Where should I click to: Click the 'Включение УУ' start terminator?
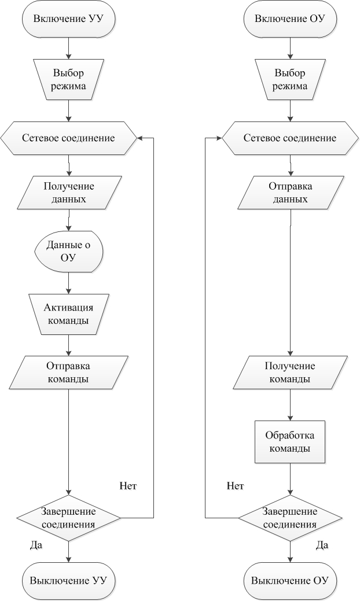click(69, 19)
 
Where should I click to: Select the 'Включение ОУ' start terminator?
click(290, 19)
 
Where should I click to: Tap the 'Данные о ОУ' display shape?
click(69, 252)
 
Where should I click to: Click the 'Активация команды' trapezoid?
click(69, 314)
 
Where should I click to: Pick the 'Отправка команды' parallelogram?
click(69, 373)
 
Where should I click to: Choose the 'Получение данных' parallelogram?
click(69, 193)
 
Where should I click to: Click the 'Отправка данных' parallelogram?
click(290, 193)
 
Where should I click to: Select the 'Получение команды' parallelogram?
click(290, 373)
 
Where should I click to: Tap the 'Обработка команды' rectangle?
click(290, 442)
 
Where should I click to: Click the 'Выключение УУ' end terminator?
click(69, 581)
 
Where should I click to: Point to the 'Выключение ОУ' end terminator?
click(290, 581)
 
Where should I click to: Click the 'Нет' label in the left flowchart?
click(128, 486)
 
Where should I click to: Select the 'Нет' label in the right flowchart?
click(236, 486)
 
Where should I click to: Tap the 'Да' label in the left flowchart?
click(36, 545)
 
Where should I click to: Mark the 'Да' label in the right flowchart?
click(322, 545)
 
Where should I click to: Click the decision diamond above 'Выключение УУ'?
click(69, 518)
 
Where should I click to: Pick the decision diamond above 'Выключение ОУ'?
click(290, 518)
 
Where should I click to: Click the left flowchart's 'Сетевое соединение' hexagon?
click(69, 138)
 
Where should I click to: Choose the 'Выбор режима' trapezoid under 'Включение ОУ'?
click(290, 79)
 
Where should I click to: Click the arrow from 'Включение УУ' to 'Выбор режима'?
click(69, 48)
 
